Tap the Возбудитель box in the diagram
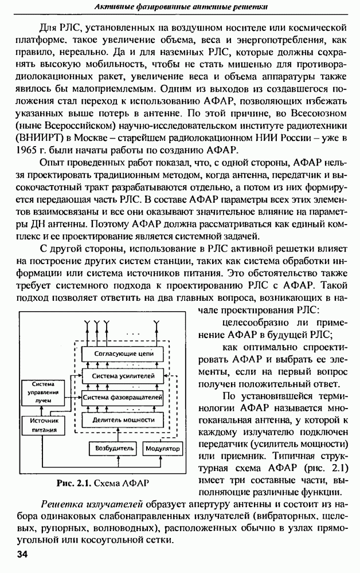pos(114,447)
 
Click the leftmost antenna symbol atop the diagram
pos(87,328)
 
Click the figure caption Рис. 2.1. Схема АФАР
pos(103,483)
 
